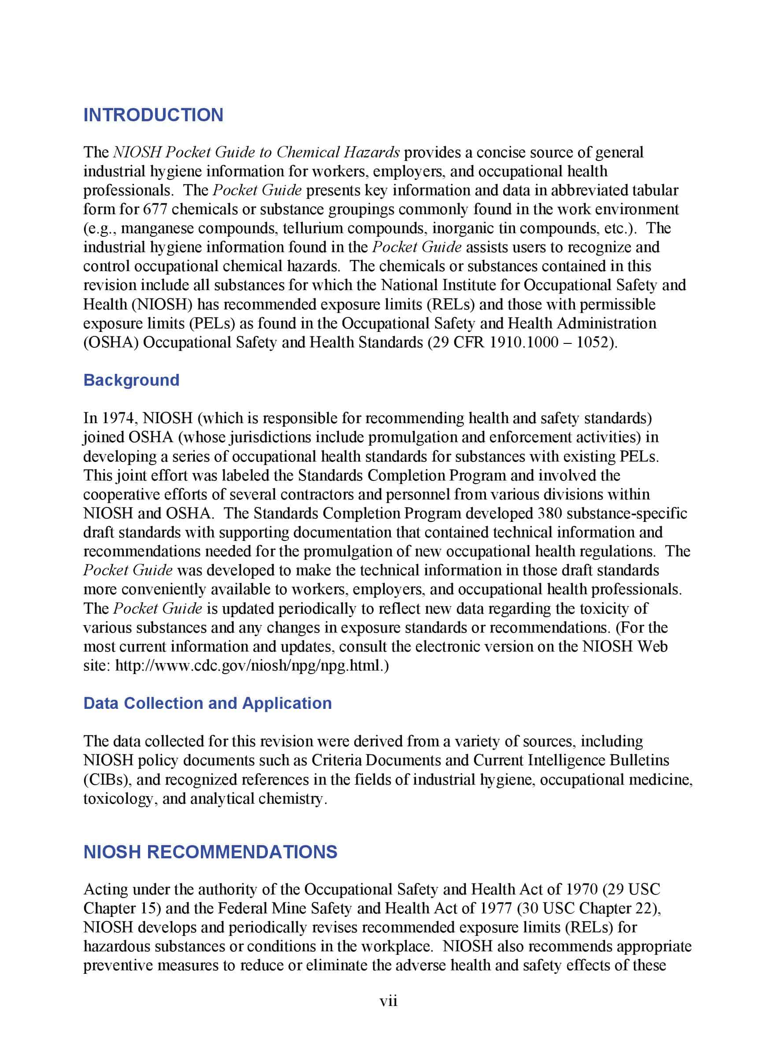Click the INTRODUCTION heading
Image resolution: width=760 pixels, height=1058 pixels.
153,115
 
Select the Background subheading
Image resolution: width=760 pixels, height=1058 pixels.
131,380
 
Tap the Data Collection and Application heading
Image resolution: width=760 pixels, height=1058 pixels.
208,703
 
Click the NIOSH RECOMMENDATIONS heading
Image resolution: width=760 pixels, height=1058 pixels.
210,852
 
